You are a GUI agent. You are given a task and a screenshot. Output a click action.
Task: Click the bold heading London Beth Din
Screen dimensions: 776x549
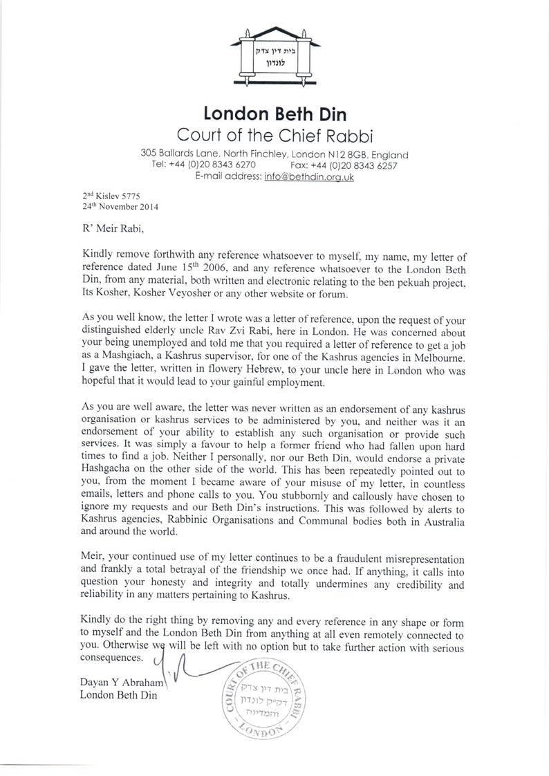[275, 113]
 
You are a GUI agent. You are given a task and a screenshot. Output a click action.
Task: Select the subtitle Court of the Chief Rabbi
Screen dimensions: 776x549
[275, 134]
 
